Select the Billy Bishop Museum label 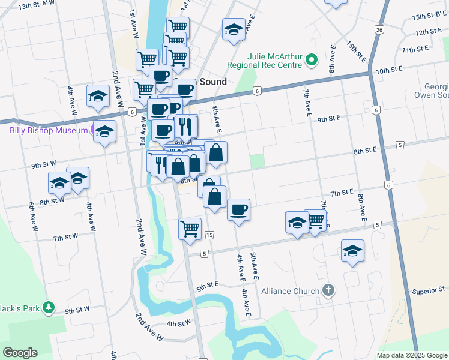[x=48, y=130]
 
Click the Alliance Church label [x=291, y=292]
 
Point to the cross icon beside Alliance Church [x=328, y=291]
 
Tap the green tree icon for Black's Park [x=49, y=308]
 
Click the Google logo [x=20, y=353]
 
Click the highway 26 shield [x=379, y=29]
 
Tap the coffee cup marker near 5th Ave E [x=238, y=210]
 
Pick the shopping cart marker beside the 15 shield [x=190, y=229]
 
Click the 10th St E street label [x=390, y=71]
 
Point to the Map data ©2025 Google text [x=412, y=355]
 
